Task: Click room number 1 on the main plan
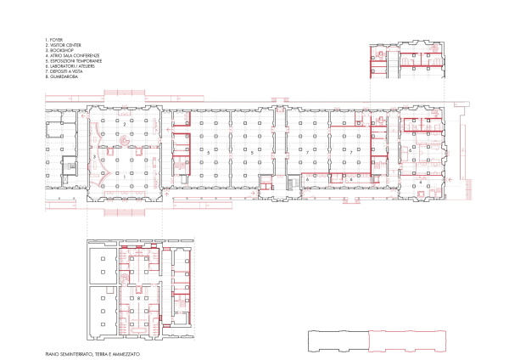126,176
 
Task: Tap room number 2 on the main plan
126,125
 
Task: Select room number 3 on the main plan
92,158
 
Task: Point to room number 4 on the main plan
422,183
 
